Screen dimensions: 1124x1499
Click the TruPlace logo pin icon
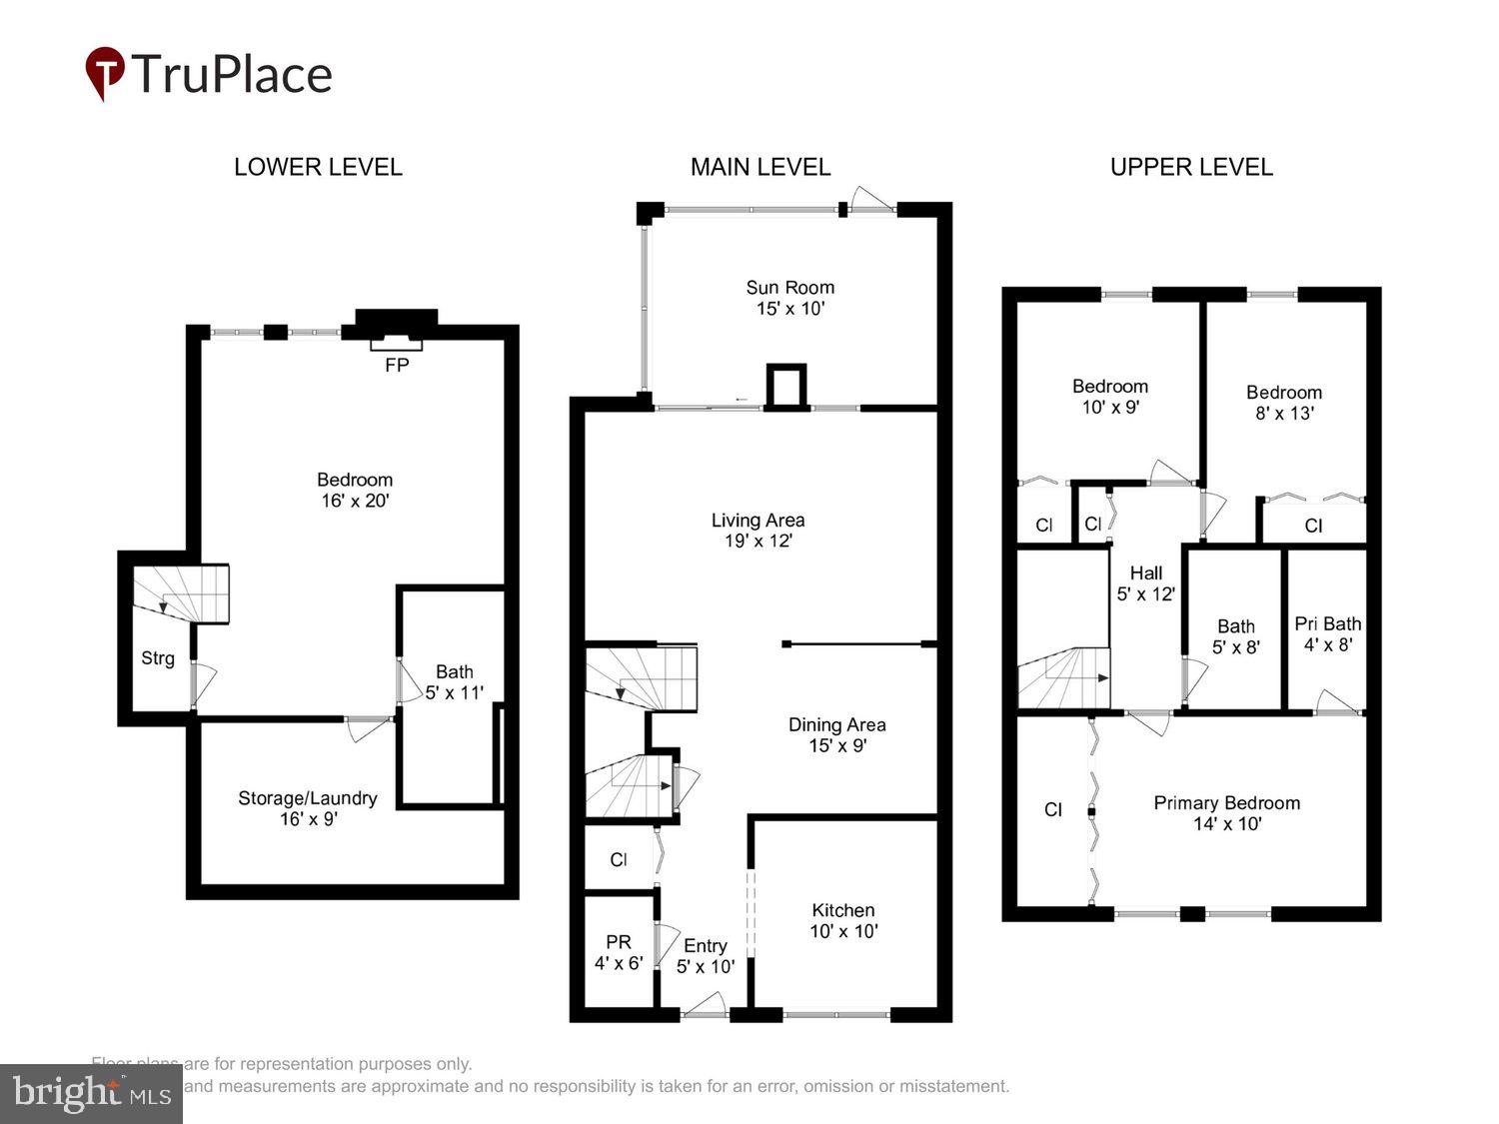click(104, 72)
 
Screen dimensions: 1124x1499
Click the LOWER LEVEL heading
click(318, 167)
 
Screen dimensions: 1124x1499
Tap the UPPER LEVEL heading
click(1191, 167)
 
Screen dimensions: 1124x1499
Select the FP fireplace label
click(397, 366)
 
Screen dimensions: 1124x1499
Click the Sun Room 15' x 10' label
click(789, 298)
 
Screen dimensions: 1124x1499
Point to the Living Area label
click(757, 531)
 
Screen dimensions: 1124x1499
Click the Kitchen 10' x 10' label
click(842, 920)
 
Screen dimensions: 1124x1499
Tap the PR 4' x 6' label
click(619, 952)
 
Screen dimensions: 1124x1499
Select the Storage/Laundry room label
click(308, 808)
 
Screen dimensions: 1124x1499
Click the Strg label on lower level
click(158, 658)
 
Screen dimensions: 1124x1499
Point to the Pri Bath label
click(1327, 633)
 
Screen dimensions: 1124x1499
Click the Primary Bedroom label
click(1226, 813)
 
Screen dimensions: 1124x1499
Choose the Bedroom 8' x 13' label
click(1283, 403)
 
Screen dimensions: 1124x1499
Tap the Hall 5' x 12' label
click(1145, 582)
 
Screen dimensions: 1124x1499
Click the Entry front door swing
click(708, 1003)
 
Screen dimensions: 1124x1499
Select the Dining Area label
click(836, 734)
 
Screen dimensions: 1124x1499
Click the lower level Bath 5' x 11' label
click(455, 681)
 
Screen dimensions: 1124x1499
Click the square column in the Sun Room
click(785, 387)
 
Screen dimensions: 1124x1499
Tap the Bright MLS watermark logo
click(91, 1094)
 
